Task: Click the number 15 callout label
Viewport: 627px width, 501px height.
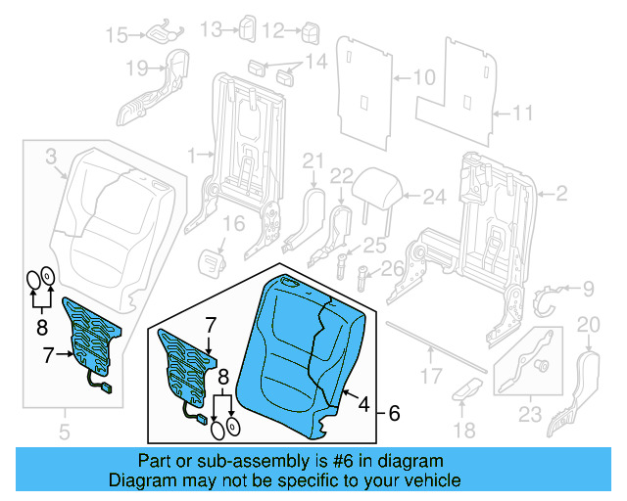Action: click(x=117, y=35)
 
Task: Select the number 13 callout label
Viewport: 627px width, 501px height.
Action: click(x=212, y=30)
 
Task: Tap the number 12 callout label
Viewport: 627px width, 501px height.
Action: click(x=273, y=31)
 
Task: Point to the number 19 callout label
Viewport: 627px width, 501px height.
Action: click(x=136, y=68)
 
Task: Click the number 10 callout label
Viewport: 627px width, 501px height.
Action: click(x=422, y=76)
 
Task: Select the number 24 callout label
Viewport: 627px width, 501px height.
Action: click(x=434, y=197)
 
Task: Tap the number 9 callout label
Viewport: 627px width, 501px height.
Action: click(x=588, y=288)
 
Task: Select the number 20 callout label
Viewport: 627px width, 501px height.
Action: click(x=588, y=325)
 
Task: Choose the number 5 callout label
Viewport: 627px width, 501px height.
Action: click(x=65, y=430)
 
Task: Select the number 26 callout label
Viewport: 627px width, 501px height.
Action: click(x=392, y=268)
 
